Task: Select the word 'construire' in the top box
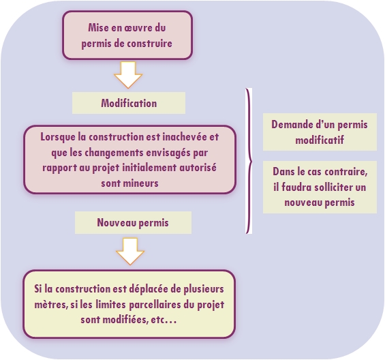pyautogui.click(x=148, y=44)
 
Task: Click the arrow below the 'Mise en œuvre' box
pyautogui.click(x=128, y=75)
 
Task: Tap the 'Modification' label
pyautogui.click(x=129, y=103)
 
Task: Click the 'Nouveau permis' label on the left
pyautogui.click(x=133, y=223)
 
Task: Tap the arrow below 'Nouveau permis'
pyautogui.click(x=130, y=251)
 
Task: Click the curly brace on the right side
pyautogui.click(x=249, y=161)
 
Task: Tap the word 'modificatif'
pyautogui.click(x=320, y=140)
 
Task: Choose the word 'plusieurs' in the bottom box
pyautogui.click(x=204, y=289)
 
